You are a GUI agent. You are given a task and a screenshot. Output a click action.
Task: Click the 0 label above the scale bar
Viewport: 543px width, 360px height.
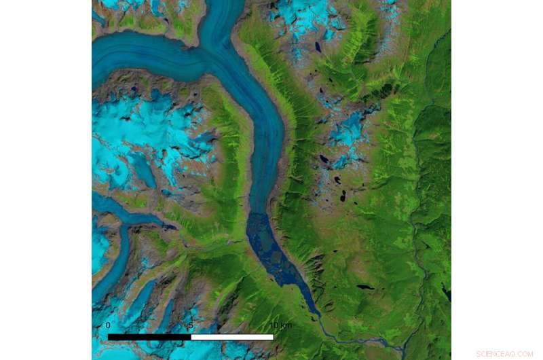coord(108,325)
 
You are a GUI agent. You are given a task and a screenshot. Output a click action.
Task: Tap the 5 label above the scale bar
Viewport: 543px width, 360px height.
coord(191,325)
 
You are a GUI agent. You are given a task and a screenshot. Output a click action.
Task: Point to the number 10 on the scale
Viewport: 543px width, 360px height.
coord(273,325)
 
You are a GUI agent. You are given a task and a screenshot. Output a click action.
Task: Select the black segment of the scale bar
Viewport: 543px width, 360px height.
coord(149,337)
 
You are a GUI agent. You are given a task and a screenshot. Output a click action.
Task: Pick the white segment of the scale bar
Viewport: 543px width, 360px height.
coord(232,337)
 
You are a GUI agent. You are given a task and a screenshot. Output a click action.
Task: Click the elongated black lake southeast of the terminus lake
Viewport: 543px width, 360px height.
coord(364,287)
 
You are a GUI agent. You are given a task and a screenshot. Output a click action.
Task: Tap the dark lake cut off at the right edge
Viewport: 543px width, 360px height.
coord(447,293)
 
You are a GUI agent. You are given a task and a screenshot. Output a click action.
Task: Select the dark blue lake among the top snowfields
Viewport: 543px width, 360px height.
coord(318,48)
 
